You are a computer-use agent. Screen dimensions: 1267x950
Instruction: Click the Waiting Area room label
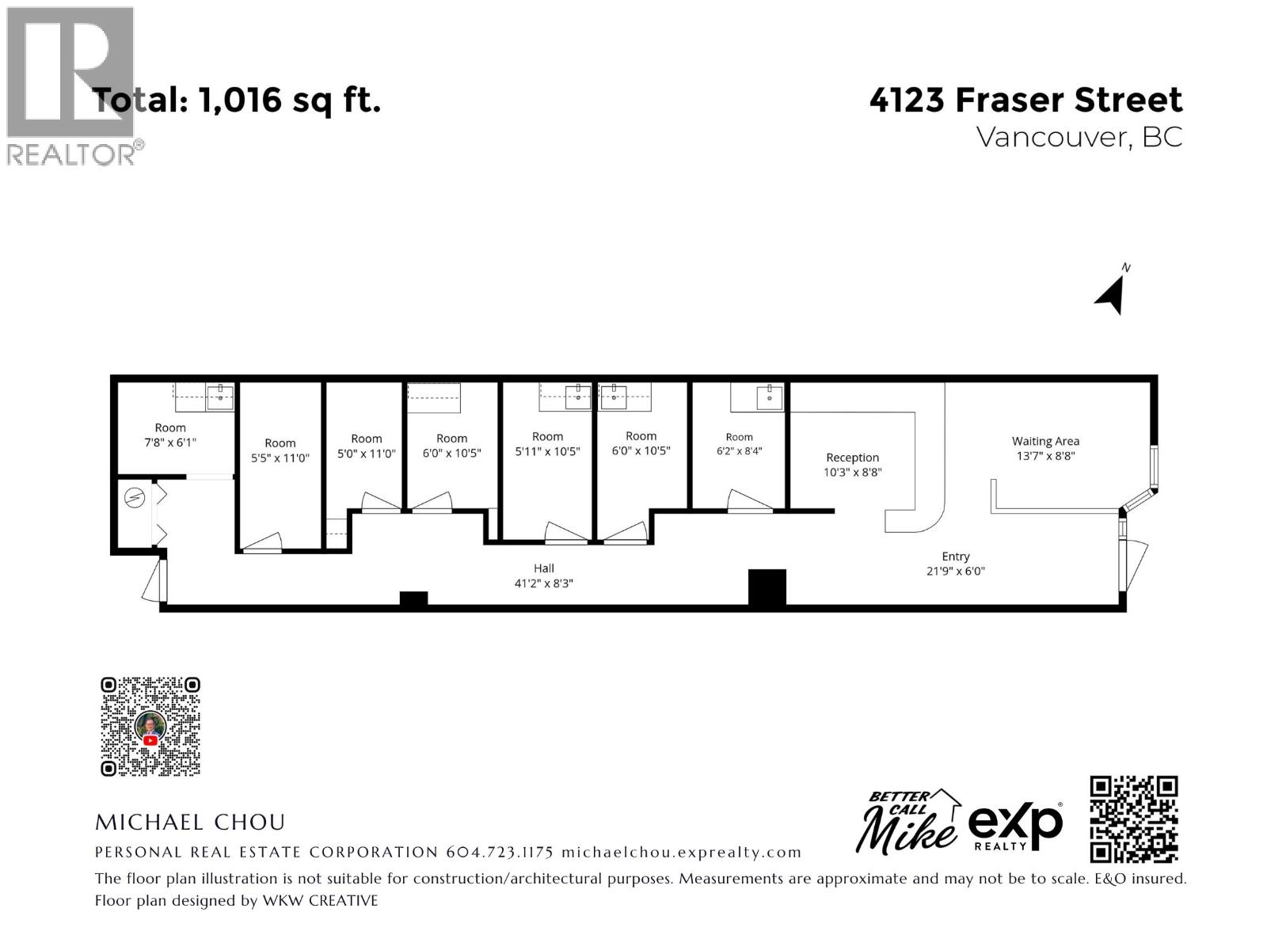click(1044, 441)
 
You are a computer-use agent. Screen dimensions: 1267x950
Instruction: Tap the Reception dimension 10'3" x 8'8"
click(852, 473)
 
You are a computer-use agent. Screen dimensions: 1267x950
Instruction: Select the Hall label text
click(543, 568)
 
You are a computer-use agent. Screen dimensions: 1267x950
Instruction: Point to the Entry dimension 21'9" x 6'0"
click(955, 571)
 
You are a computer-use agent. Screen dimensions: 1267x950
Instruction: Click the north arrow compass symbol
click(1111, 294)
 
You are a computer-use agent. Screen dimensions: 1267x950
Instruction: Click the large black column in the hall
click(767, 587)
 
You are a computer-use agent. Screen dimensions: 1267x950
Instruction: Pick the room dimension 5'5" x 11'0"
click(280, 458)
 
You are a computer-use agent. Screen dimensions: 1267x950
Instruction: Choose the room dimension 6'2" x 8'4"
click(739, 451)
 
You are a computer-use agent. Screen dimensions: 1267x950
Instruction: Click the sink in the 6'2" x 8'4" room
click(769, 397)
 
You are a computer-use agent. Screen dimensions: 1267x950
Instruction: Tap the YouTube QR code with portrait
click(150, 726)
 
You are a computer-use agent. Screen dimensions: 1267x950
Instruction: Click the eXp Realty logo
click(1014, 826)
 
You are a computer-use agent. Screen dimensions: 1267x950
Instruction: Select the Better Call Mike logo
click(908, 821)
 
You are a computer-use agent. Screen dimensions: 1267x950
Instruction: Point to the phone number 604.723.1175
click(500, 852)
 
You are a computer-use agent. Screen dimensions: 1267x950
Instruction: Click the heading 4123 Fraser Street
click(1025, 100)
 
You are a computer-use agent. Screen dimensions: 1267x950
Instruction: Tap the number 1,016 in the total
click(240, 100)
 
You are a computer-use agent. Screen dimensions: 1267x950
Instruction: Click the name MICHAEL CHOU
click(190, 822)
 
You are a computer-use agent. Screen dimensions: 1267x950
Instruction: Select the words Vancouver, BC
click(1079, 137)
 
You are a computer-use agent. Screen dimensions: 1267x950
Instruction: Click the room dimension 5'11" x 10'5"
click(547, 451)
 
